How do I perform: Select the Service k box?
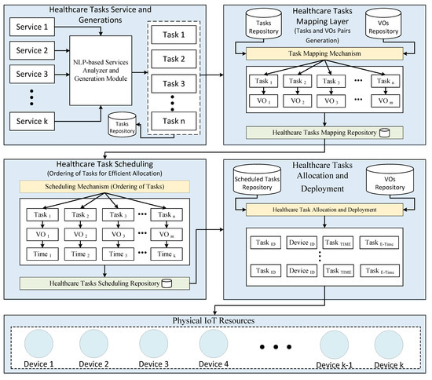click(32, 122)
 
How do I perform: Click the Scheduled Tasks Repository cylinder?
click(258, 183)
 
